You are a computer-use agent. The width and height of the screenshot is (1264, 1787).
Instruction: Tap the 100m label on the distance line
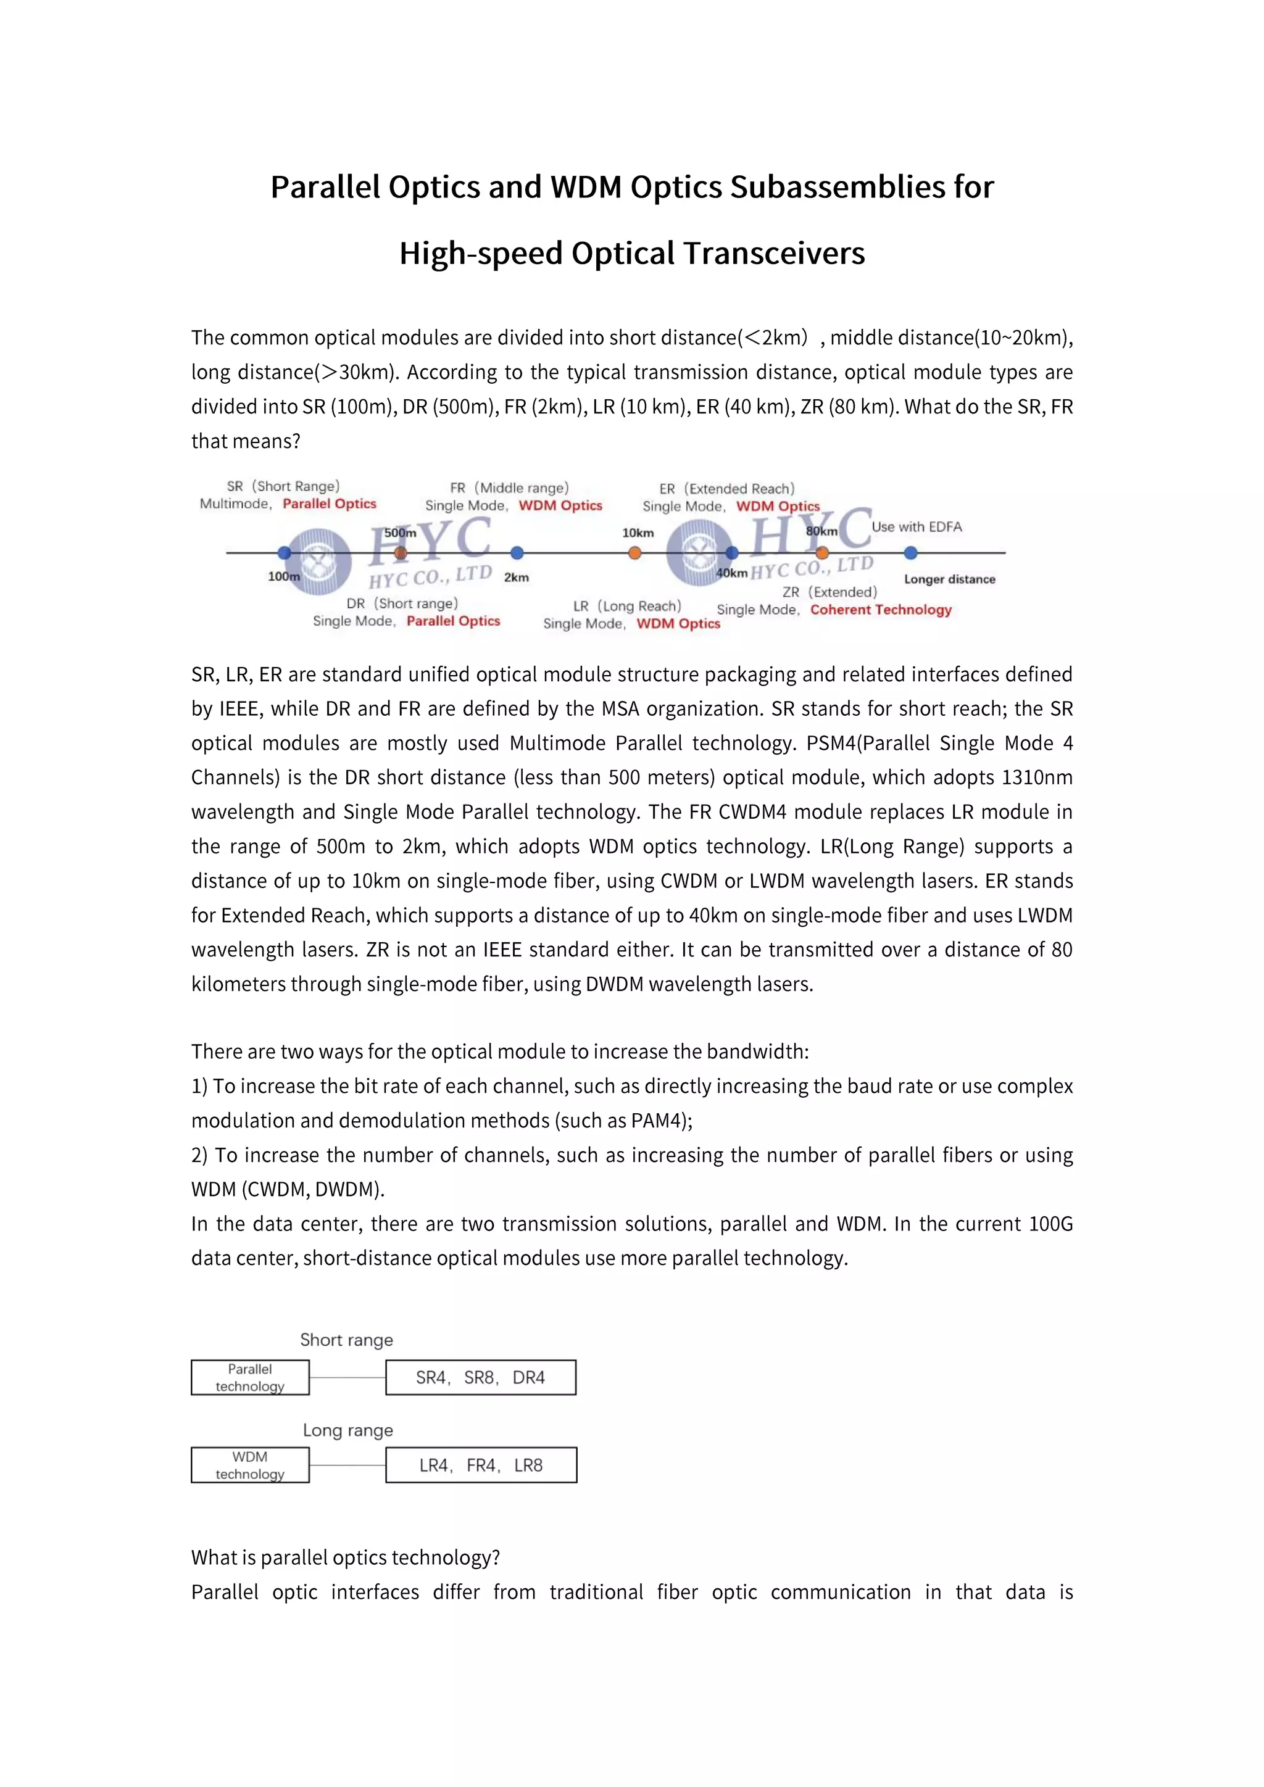[283, 577]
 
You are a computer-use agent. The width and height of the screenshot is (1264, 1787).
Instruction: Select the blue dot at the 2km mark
[517, 553]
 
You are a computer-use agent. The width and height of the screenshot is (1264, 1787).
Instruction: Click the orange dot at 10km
[635, 553]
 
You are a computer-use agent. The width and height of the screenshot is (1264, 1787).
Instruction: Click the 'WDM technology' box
[250, 1465]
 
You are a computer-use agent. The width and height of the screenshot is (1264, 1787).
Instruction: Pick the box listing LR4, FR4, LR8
[480, 1465]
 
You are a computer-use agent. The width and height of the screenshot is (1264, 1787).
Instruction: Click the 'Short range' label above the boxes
[346, 1340]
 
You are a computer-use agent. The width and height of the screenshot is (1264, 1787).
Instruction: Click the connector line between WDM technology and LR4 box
[347, 1465]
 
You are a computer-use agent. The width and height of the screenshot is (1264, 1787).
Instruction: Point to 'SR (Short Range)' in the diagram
[283, 486]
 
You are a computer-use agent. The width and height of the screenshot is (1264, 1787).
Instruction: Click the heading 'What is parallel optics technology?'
[346, 1557]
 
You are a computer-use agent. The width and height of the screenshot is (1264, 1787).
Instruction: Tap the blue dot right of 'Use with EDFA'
[910, 553]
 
